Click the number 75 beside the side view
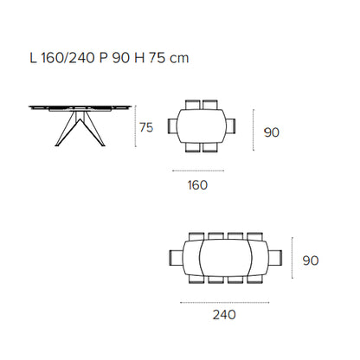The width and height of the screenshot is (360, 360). tap(146, 127)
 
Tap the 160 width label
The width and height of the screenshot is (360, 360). tap(197, 185)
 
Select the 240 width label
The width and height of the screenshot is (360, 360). tap(224, 314)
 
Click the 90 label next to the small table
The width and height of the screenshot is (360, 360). tap(272, 132)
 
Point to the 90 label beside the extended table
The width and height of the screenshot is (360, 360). tap(311, 260)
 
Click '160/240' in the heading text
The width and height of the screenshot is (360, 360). tap(68, 58)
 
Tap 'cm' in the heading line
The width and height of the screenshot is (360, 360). tap(179, 59)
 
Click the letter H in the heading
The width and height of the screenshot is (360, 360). tap(139, 58)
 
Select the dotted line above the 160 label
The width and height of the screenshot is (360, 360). tap(198, 170)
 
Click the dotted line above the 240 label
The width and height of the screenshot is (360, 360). tap(225, 303)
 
